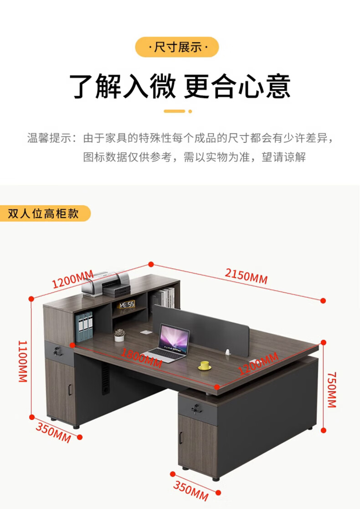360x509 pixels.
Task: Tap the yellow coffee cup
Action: pos(204,365)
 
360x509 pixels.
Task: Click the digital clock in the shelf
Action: pos(126,304)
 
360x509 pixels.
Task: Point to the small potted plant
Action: pos(119,335)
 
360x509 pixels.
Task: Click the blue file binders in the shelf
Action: pos(84,326)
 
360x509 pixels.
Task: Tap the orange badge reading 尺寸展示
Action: pos(177,47)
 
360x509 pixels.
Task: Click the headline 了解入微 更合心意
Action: pos(180,86)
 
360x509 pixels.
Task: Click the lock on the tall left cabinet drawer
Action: pos(57,351)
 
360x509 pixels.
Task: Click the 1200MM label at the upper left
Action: pos(72,280)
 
